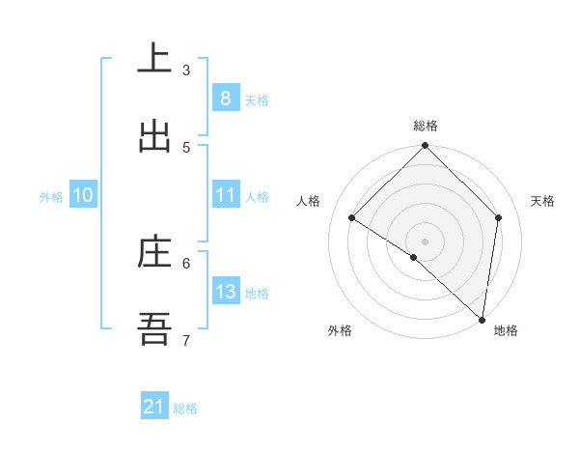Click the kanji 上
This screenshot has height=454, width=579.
pyautogui.click(x=154, y=60)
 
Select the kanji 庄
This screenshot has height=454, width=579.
pyautogui.click(x=154, y=253)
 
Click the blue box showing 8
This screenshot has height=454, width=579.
pyautogui.click(x=225, y=98)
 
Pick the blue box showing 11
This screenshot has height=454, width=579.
pyautogui.click(x=225, y=195)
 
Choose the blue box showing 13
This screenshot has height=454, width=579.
pyautogui.click(x=225, y=292)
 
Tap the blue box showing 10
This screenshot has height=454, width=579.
pyautogui.click(x=82, y=195)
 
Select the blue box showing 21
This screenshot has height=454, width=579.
pyautogui.click(x=154, y=407)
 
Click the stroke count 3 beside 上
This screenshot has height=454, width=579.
pyautogui.click(x=186, y=71)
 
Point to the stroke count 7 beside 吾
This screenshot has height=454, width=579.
pyautogui.click(x=186, y=340)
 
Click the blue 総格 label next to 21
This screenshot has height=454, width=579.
pyautogui.click(x=185, y=409)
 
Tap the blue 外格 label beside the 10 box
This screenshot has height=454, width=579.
pyautogui.click(x=51, y=197)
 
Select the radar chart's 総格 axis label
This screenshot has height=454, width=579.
pyautogui.click(x=426, y=126)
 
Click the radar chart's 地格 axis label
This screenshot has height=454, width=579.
pyautogui.click(x=506, y=330)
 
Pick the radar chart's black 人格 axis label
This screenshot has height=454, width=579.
pyautogui.click(x=309, y=201)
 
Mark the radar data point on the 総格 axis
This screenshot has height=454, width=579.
pyautogui.click(x=426, y=147)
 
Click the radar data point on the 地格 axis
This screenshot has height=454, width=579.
pyautogui.click(x=482, y=319)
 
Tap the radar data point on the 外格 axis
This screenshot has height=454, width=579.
pyautogui.click(x=414, y=257)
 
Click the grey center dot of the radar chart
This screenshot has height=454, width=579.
pyautogui.click(x=426, y=241)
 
